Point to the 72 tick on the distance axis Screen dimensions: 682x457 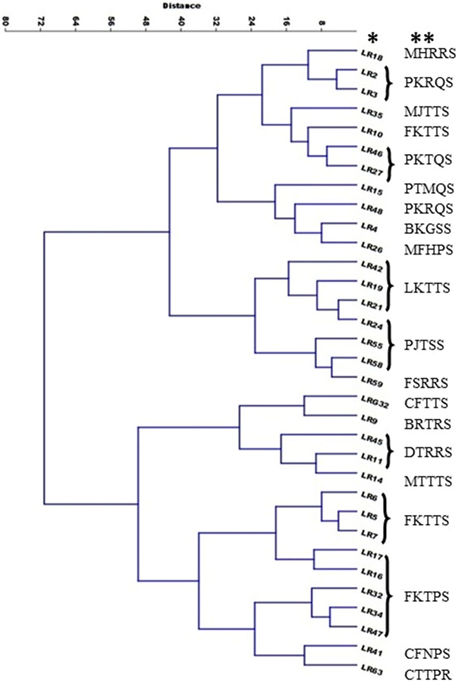click(x=41, y=21)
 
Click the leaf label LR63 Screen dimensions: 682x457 click(x=374, y=668)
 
